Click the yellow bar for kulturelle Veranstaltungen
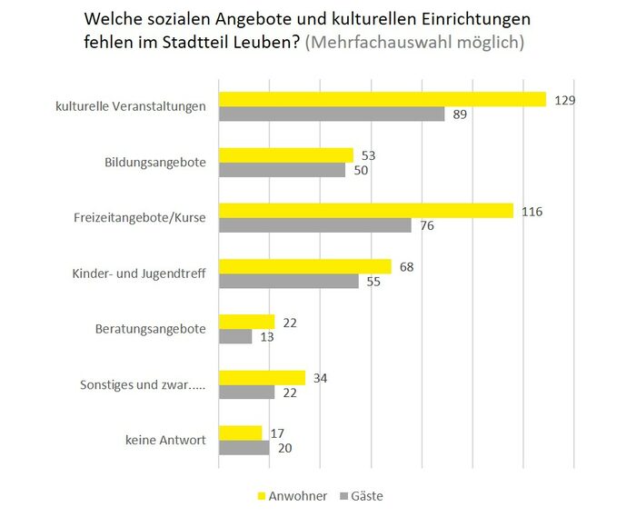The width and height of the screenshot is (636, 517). point(382,99)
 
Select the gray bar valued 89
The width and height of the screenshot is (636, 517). point(332,114)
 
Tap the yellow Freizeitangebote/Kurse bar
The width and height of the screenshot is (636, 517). point(366,211)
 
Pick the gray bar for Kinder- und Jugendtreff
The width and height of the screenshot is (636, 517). point(289,282)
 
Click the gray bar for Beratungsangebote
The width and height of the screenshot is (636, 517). point(235,337)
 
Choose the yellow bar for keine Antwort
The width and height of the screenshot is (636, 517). point(240,433)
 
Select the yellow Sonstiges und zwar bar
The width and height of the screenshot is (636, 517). point(262,377)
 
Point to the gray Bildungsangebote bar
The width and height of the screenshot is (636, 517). point(282,170)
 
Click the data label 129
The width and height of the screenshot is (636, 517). point(566,99)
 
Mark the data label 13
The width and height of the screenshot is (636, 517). point(267,337)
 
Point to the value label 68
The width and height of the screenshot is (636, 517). point(406,266)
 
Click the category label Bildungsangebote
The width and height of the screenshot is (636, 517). point(155,163)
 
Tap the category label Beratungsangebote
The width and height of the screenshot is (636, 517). point(151,329)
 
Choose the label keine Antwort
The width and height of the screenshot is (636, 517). point(165,441)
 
